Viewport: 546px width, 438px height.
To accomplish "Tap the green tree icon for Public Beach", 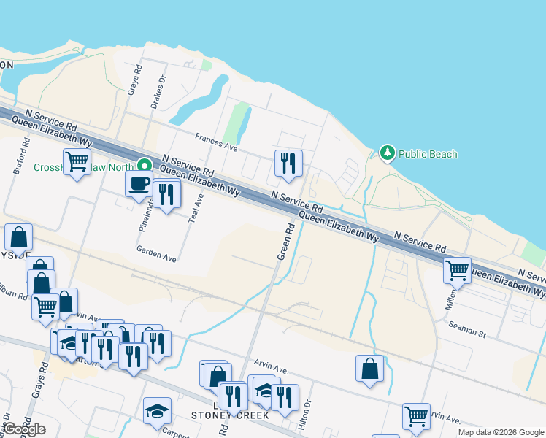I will pos(388,153).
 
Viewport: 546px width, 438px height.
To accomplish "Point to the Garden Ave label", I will pos(156,253).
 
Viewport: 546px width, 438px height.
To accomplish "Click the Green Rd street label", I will pos(285,242).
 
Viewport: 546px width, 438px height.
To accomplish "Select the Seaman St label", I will pos(467,329).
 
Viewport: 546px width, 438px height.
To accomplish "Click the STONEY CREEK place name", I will pos(230,415).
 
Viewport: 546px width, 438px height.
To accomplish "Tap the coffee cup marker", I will pos(138,183).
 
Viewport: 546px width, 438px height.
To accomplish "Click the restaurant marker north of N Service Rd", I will pos(288,162).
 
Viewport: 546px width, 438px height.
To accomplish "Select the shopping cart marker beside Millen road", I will pos(457,269).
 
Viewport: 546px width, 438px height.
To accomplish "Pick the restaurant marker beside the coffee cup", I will pos(167,193).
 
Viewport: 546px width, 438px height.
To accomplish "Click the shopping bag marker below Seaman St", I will pos(370,367).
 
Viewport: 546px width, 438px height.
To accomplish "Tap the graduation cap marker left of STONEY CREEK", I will pos(157,411).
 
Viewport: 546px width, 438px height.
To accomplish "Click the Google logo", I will pos(24,429).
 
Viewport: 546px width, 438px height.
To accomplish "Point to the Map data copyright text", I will pos(500,432).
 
